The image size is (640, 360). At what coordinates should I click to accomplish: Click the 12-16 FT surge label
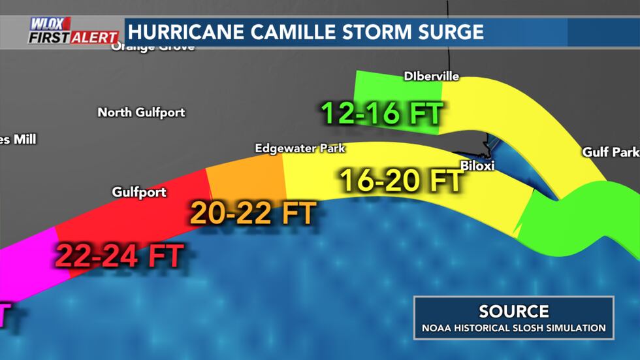tap(382, 113)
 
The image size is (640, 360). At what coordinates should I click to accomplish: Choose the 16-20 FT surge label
tap(401, 180)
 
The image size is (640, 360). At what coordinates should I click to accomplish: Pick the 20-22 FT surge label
tap(253, 212)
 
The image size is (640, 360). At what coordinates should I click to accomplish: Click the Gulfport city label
tap(139, 192)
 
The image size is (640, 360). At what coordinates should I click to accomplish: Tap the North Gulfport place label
tap(141, 112)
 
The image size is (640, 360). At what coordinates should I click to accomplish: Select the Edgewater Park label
tap(300, 149)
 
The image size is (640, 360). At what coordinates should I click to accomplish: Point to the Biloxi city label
tap(477, 166)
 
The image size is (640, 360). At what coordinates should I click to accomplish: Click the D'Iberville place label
tap(431, 76)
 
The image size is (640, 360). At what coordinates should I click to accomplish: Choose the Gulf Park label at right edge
tap(611, 152)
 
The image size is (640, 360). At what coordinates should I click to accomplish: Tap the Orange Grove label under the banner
tap(153, 47)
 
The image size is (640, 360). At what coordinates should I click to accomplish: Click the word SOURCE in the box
tap(513, 312)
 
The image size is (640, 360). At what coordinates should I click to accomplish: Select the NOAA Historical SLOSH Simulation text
tap(513, 328)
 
